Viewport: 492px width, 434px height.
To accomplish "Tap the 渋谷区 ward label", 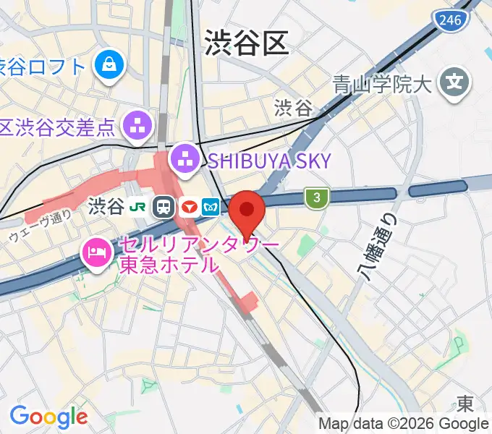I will pos(246,43).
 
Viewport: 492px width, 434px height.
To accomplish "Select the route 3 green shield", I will pos(315,196).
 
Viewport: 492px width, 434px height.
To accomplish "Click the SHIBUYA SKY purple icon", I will pos(185,161).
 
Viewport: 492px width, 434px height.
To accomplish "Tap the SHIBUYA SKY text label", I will pos(269,161).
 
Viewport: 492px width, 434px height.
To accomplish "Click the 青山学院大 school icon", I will pos(455,85).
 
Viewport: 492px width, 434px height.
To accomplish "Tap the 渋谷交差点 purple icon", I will pos(137,128).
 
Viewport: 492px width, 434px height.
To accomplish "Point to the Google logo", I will pos(48,417).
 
